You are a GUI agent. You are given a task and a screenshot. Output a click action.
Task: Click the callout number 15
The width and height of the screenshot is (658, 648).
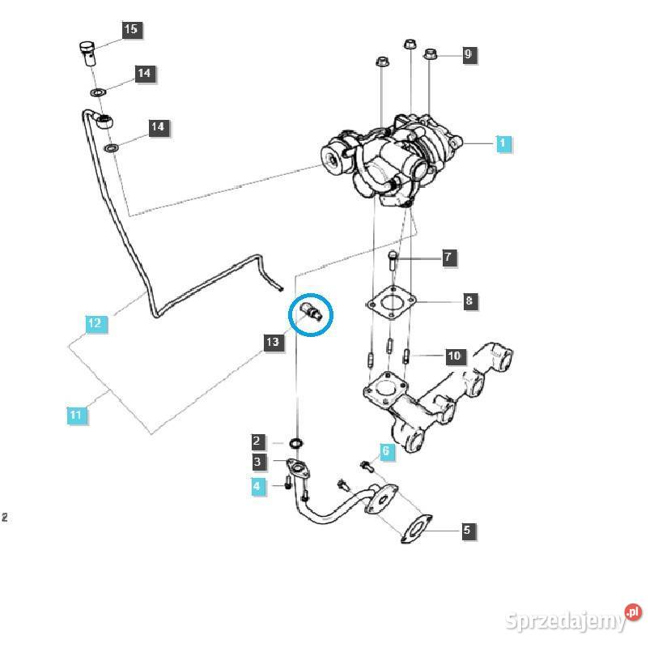[131, 30]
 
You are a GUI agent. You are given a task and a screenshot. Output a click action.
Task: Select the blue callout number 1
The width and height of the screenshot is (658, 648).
[503, 143]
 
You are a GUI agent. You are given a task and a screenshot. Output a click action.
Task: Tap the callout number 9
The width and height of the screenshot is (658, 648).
[468, 55]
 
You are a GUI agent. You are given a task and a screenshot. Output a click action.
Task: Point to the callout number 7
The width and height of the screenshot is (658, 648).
[448, 258]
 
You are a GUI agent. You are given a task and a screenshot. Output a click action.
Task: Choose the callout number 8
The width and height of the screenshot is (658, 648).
[469, 302]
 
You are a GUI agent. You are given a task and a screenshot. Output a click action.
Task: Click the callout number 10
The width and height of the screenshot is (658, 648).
[454, 356]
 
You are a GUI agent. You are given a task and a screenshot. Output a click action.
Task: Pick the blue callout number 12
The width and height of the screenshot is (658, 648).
[95, 323]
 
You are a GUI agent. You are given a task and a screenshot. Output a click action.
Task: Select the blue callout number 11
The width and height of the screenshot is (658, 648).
[76, 416]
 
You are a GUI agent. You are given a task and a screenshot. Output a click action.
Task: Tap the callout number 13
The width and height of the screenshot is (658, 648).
[273, 343]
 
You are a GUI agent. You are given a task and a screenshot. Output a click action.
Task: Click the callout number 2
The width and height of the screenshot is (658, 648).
[257, 442]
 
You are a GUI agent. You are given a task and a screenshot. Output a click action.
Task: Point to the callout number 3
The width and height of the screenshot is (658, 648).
[257, 463]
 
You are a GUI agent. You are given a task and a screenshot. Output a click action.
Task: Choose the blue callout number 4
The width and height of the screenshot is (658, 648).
[257, 487]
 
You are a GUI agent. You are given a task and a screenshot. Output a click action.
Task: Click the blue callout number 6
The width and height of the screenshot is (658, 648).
[386, 452]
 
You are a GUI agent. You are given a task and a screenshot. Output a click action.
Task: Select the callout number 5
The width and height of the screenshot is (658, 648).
[467, 531]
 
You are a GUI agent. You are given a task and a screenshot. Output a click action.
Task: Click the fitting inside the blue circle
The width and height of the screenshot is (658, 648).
[312, 313]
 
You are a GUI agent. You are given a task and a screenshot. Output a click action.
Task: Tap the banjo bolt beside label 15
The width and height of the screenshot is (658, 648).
[87, 50]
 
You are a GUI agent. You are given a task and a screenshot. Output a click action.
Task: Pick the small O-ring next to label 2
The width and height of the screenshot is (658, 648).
[297, 443]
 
